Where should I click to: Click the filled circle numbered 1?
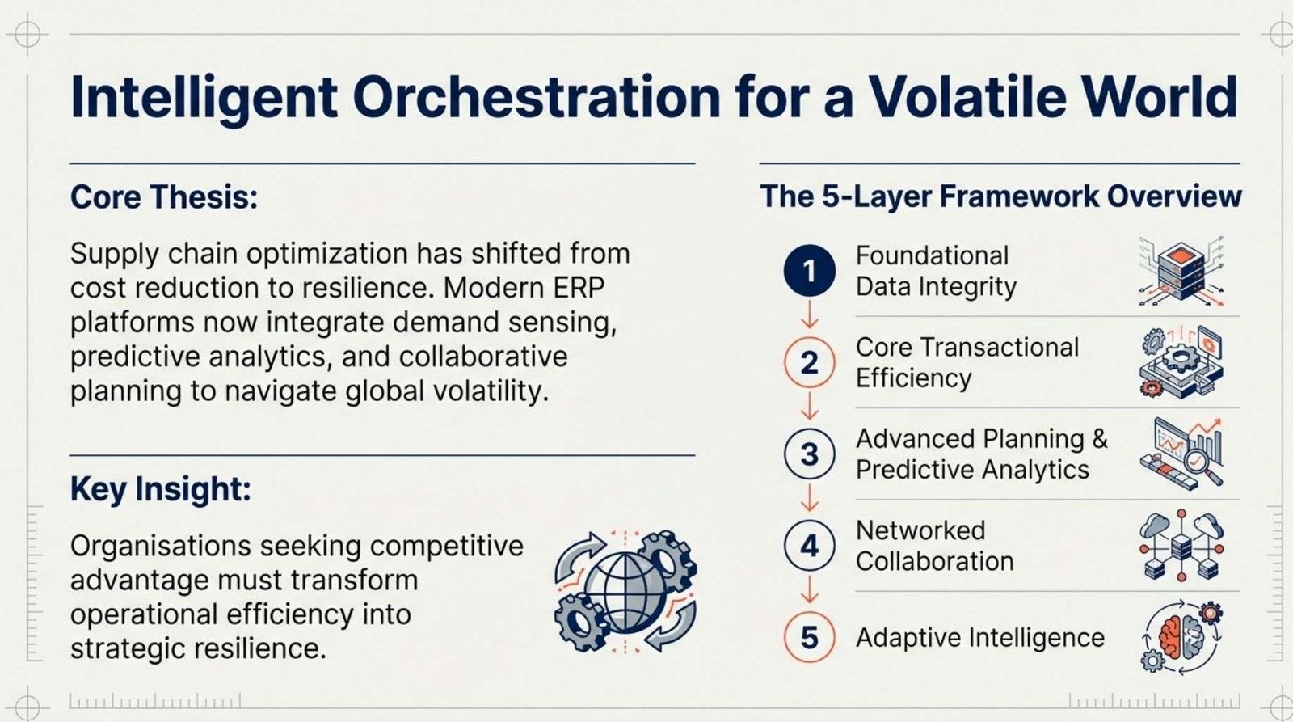tap(809, 271)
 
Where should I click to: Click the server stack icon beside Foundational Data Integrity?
tap(1181, 271)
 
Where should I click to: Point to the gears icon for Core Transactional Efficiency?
tap(1181, 362)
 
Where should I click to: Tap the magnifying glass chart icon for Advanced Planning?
tap(1181, 454)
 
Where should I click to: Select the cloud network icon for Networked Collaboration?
tap(1181, 546)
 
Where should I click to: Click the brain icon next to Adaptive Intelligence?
tap(1181, 638)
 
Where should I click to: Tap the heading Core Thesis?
tap(165, 197)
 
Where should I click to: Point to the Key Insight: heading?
tap(161, 490)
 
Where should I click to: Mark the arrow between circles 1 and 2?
tap(809, 315)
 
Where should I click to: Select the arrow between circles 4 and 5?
tap(809, 589)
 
